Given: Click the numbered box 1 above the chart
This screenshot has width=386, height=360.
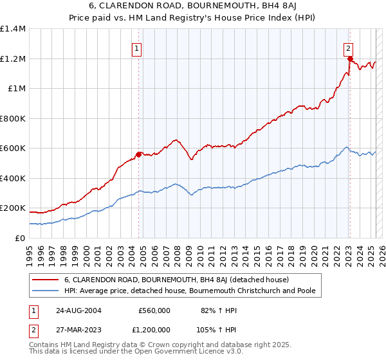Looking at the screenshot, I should [137, 47].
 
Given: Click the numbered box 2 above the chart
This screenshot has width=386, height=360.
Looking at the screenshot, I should [348, 47].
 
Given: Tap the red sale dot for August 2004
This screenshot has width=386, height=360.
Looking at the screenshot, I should [138, 154].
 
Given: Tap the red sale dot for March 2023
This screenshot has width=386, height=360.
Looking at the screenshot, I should [350, 59].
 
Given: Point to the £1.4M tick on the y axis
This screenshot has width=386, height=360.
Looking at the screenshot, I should [13, 29].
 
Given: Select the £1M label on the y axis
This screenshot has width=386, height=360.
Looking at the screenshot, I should [17, 89].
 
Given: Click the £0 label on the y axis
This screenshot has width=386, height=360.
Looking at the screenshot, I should [20, 238].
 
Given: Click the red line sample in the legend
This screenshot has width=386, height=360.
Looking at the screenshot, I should [46, 280].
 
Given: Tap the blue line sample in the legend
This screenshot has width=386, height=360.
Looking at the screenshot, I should [46, 291].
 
